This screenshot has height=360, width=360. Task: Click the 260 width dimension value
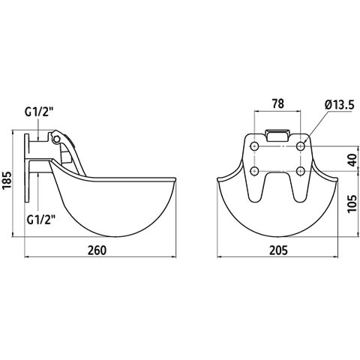(x=97, y=250)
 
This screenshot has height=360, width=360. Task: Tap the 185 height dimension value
(x=7, y=181)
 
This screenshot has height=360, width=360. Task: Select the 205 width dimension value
(x=278, y=250)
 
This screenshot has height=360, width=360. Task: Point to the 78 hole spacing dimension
(x=278, y=103)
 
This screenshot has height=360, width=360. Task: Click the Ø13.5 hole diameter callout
(x=340, y=105)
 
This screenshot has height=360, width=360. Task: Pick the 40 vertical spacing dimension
(x=352, y=160)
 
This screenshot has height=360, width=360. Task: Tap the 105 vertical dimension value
(x=352, y=203)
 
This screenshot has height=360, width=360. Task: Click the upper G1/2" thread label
(x=39, y=112)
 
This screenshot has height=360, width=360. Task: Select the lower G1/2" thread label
(x=41, y=220)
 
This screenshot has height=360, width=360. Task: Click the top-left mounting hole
(x=255, y=146)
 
